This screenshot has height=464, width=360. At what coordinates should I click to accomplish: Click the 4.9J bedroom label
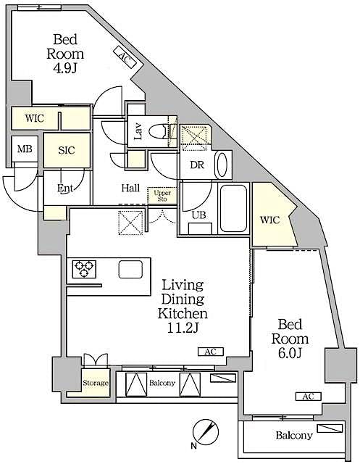(66, 54)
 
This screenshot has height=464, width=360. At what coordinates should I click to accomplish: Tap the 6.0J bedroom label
(290, 339)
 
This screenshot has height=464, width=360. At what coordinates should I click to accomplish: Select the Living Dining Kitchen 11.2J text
(184, 306)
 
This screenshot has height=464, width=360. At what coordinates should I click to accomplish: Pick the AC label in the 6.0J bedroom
(308, 396)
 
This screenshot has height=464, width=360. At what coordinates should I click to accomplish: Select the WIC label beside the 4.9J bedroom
(33, 117)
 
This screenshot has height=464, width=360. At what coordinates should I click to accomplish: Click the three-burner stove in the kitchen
(83, 270)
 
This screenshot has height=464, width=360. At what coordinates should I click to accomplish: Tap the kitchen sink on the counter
(131, 269)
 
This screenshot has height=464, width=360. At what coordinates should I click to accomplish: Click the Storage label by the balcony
(95, 383)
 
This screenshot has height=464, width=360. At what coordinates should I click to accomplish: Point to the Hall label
(130, 188)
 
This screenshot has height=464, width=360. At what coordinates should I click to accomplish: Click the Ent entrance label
(66, 188)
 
